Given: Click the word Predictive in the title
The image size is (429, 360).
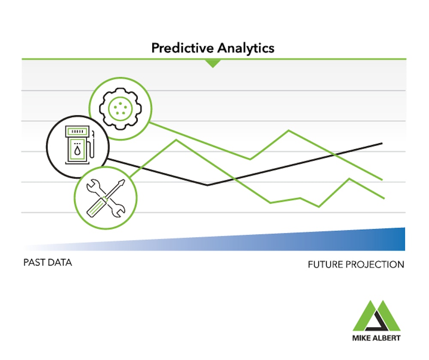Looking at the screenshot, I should pyautogui.click(x=182, y=48).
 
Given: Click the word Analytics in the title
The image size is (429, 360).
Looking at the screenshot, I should pyautogui.click(x=245, y=48).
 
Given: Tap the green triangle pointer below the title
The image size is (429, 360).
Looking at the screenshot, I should pyautogui.click(x=212, y=63).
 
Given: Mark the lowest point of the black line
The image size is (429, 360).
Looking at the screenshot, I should pyautogui.click(x=208, y=185).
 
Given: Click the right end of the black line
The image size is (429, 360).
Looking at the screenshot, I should pyautogui.click(x=382, y=143).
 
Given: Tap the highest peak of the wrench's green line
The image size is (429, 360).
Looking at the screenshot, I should pyautogui.click(x=176, y=140).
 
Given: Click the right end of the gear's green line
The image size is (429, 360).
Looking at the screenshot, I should pyautogui.click(x=382, y=180).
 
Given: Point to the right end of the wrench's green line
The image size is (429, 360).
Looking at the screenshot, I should pyautogui.click(x=384, y=198).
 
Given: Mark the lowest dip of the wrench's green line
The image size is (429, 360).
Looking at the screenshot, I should pyautogui.click(x=319, y=207).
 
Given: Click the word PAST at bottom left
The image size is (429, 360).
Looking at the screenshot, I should pyautogui.click(x=34, y=262).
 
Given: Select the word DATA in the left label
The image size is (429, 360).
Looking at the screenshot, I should pyautogui.click(x=60, y=262).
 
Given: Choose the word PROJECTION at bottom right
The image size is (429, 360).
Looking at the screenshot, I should pyautogui.click(x=376, y=264).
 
